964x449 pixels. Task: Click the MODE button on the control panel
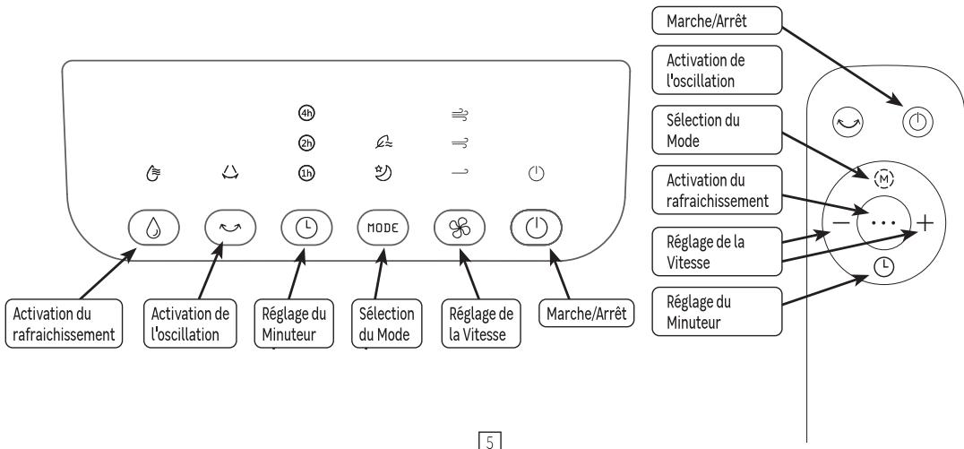click(x=381, y=228)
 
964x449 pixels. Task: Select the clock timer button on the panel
click(x=304, y=228)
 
